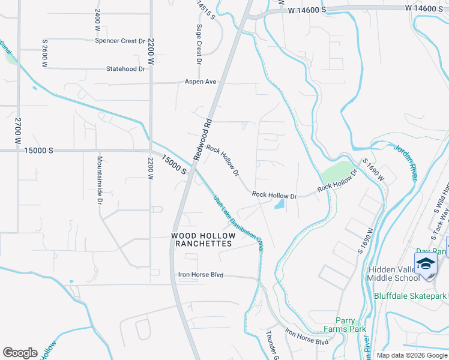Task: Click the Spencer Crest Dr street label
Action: coord(120,41)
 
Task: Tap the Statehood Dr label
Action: coord(126,69)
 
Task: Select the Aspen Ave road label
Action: coord(200,82)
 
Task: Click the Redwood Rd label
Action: coord(203,139)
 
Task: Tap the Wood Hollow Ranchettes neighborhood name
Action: coord(202,240)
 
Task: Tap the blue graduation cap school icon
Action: coord(426,264)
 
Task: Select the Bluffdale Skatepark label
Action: coord(411,296)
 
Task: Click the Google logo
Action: coord(20,353)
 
